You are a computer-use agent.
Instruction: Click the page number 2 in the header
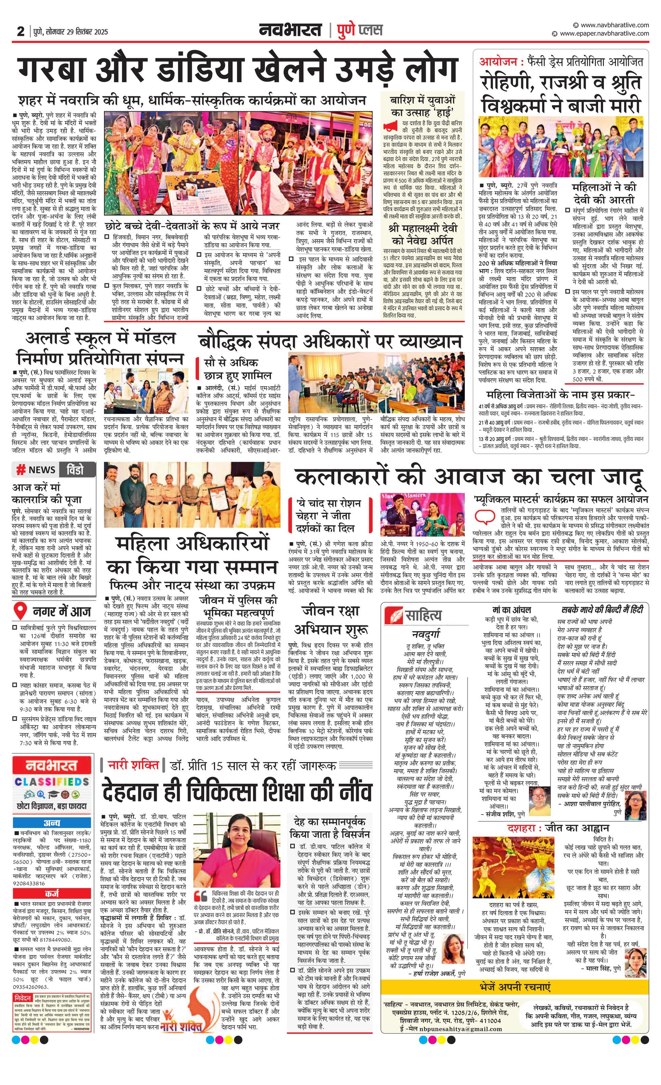click(x=21, y=31)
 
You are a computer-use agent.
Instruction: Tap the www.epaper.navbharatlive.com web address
click(x=604, y=34)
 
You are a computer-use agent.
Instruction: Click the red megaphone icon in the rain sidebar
click(x=390, y=127)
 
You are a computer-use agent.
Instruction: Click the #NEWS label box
click(x=36, y=469)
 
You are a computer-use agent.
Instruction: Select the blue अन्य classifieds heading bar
click(x=52, y=823)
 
